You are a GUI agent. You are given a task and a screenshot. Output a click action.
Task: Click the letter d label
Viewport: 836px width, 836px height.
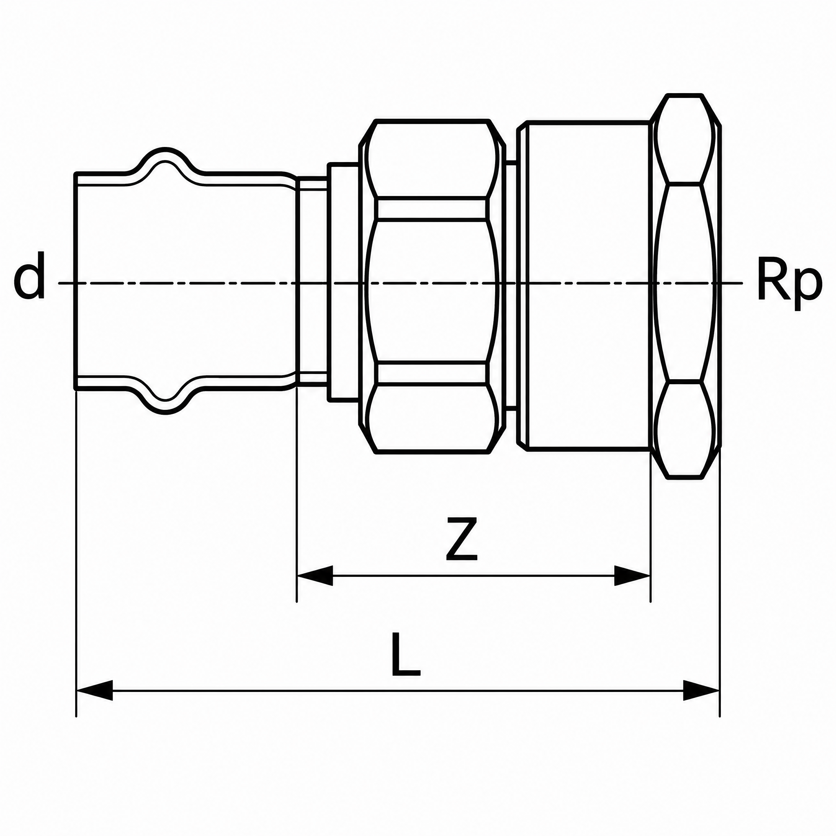pos(29,276)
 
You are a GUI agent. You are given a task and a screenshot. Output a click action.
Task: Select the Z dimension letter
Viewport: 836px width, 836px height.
pos(462,539)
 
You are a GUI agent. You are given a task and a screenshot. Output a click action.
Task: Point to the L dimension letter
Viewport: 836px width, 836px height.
pos(405,654)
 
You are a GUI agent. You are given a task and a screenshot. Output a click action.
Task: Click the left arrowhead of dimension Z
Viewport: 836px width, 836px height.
pos(315,576)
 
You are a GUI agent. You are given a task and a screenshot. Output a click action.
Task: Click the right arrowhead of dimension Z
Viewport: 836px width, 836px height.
pos(632,576)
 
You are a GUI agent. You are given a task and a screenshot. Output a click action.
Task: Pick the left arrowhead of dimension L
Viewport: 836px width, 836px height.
pos(94,690)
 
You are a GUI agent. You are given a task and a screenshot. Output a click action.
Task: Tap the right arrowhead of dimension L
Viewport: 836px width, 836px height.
pos(701,690)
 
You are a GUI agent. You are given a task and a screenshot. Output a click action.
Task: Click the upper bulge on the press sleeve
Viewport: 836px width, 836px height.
pos(166,161)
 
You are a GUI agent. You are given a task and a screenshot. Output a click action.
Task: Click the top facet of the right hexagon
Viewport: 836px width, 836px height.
pos(685,138)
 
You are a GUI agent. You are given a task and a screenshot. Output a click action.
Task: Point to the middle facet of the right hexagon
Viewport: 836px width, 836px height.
pos(685,283)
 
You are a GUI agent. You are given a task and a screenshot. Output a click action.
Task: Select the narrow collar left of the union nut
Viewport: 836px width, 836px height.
pos(343,282)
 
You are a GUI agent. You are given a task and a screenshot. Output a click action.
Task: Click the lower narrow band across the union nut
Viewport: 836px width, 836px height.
pos(431,373)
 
